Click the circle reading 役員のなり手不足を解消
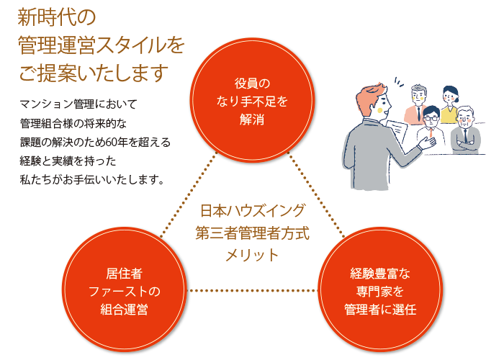pos(252,101)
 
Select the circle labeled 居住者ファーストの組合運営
pos(125,290)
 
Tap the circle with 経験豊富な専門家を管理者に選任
pos(380,290)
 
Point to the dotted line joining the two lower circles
pos(252,291)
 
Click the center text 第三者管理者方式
pos(252,233)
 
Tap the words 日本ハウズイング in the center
pos(252,211)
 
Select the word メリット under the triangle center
pos(252,255)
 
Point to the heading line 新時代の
pos(57,18)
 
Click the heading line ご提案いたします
pos(94,73)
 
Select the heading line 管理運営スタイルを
pos(102,45)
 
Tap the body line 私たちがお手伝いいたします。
pos(93,180)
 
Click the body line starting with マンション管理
pos(78,104)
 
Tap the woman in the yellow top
pos(449,104)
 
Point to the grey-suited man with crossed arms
pos(465,130)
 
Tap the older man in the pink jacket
pos(417,104)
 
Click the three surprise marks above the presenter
pos(399,82)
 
